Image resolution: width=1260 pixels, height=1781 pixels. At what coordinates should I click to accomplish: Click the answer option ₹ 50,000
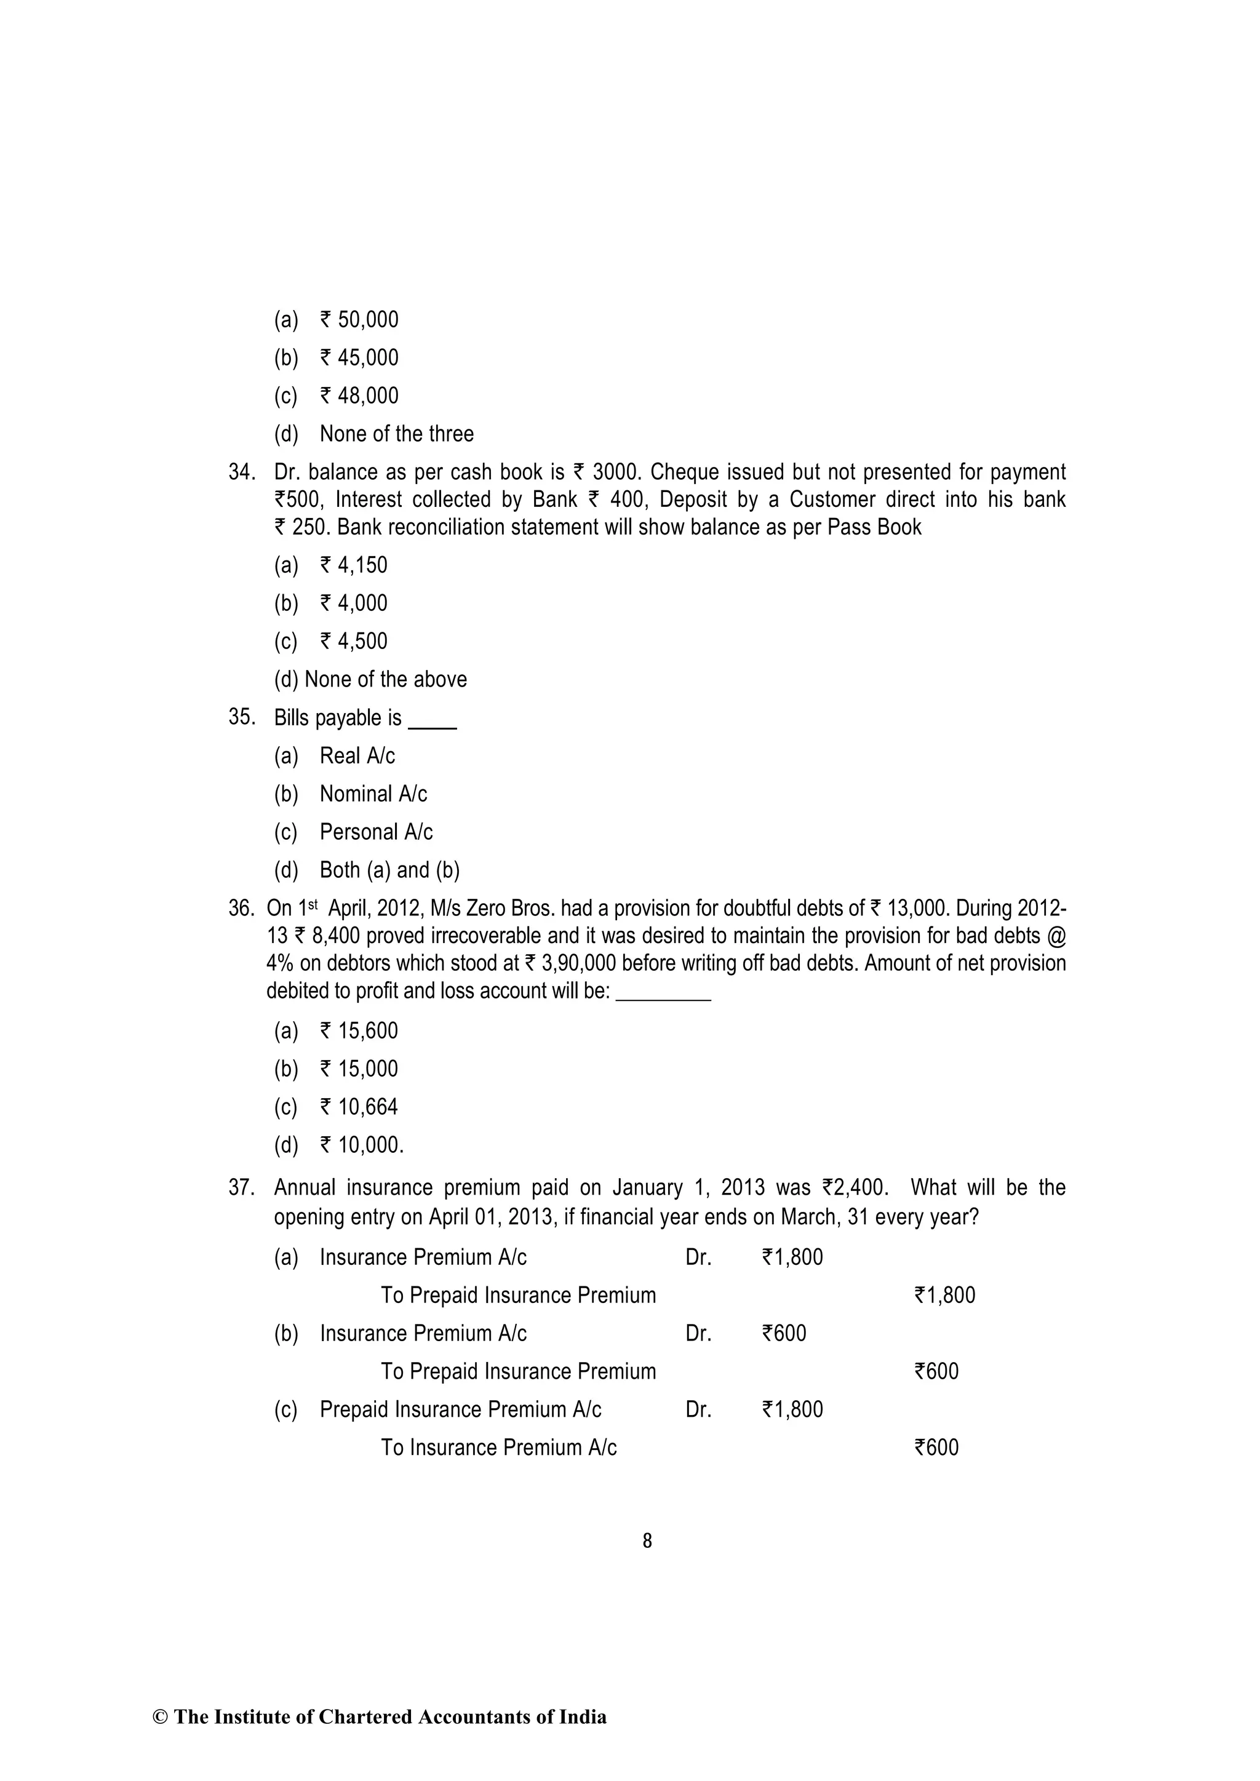[x=359, y=319]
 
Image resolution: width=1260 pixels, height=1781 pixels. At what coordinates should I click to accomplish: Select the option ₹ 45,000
[x=359, y=357]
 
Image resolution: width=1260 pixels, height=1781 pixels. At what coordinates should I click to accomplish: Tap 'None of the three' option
[x=396, y=434]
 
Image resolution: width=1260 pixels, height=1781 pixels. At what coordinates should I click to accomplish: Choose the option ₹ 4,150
[x=354, y=565]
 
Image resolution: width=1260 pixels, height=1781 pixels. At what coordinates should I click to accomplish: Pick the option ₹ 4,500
[x=354, y=640]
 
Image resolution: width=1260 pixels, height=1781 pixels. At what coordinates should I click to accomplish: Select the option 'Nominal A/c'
[x=373, y=794]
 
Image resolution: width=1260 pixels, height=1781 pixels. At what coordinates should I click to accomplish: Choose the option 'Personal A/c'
[x=377, y=832]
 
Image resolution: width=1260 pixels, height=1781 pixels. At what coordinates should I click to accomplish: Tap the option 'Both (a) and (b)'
[x=389, y=869]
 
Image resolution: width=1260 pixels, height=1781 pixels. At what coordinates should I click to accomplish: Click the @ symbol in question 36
[x=1056, y=936]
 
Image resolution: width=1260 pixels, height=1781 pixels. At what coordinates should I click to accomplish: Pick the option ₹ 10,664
[x=359, y=1107]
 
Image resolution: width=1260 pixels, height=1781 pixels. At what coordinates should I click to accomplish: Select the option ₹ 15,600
[x=359, y=1031]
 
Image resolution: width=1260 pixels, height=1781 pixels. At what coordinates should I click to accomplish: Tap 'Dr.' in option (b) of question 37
[x=698, y=1333]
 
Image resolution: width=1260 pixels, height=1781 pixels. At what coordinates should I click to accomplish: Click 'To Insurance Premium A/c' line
[x=498, y=1448]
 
